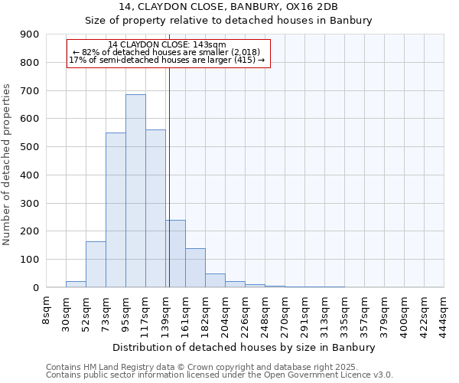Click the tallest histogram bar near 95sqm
[135, 191]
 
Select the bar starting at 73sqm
[116, 210]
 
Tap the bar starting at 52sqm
[96, 264]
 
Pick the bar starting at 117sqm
[155, 208]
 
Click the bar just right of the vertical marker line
[176, 254]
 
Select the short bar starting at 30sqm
[76, 284]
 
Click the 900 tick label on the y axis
[30, 34]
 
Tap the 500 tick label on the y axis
[30, 147]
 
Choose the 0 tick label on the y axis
[35, 288]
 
